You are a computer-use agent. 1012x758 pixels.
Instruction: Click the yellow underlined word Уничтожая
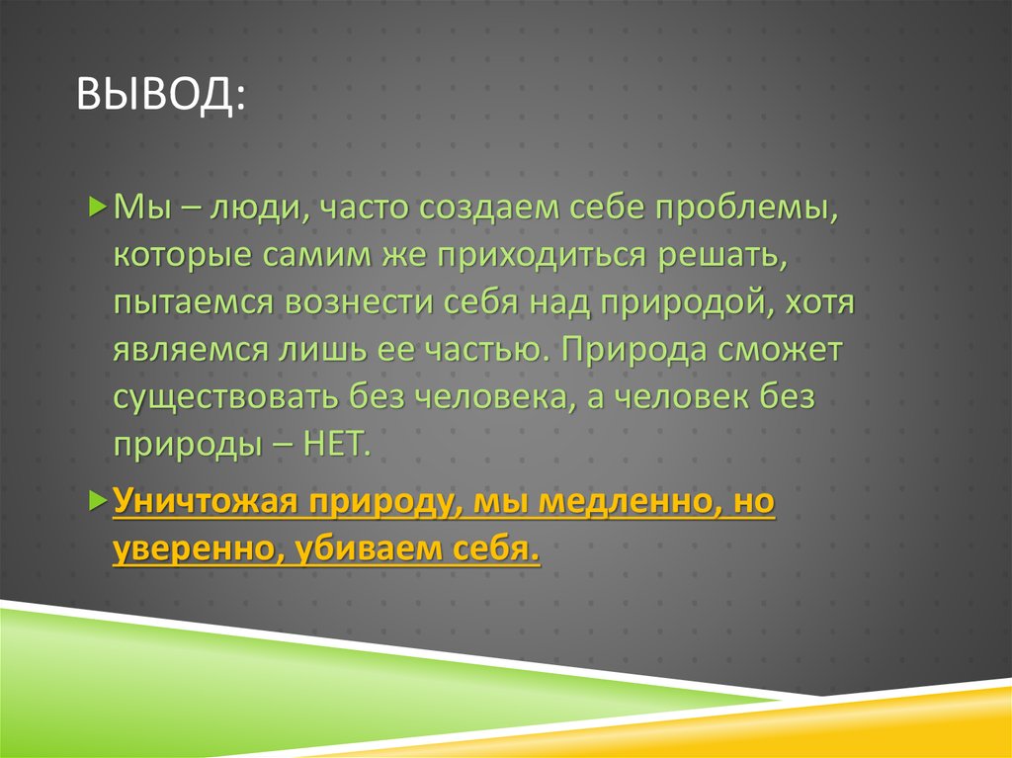pos(207,502)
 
